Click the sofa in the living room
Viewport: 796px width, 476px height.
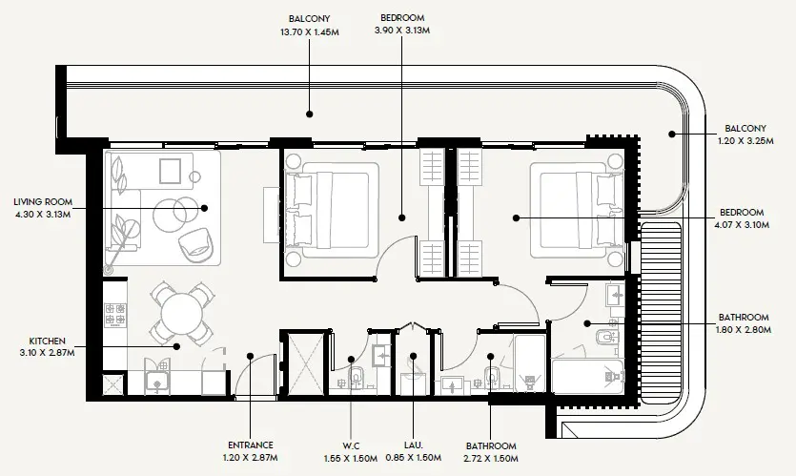point(119,205)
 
